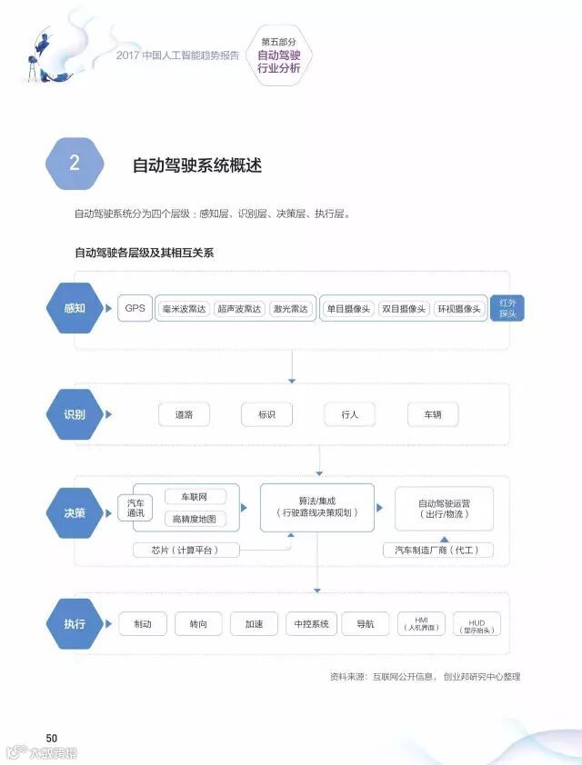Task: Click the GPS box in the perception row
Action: point(135,308)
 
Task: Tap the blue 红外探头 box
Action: point(507,308)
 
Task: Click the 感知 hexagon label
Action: point(75,308)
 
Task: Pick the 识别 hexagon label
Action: point(75,414)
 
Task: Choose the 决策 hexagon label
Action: point(75,512)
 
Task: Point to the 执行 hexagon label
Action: point(75,624)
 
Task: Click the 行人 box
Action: point(350,414)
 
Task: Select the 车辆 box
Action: point(432,414)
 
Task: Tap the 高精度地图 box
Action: point(195,519)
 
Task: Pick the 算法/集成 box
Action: point(316,507)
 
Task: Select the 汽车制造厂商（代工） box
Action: point(438,550)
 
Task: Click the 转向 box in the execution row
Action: point(198,624)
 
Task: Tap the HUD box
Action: point(476,624)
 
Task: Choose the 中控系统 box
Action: point(311,624)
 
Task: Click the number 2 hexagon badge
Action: point(75,164)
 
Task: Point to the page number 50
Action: point(52,737)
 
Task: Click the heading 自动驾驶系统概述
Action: point(197,165)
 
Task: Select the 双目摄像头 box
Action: point(403,309)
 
